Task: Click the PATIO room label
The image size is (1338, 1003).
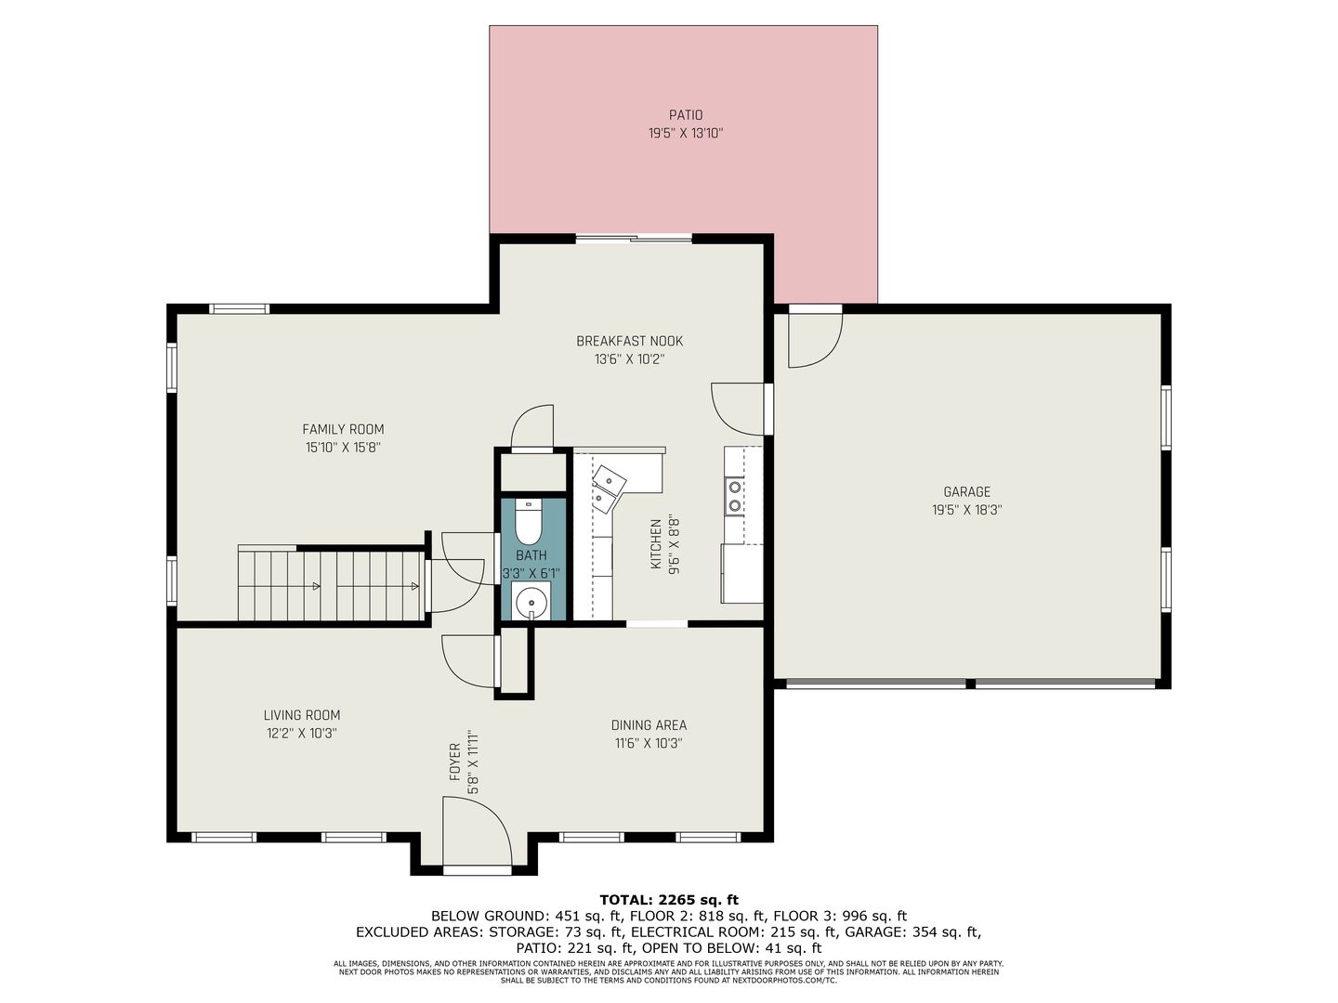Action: pyautogui.click(x=685, y=115)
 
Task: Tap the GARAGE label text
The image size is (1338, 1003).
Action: pyautogui.click(x=966, y=491)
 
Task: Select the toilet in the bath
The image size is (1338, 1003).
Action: pyautogui.click(x=528, y=521)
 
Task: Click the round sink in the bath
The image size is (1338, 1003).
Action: pyautogui.click(x=532, y=603)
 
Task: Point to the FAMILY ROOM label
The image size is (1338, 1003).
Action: pyautogui.click(x=343, y=429)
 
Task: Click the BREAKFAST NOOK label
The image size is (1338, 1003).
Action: pyautogui.click(x=630, y=341)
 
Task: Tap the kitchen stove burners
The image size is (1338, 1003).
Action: pyautogui.click(x=735, y=496)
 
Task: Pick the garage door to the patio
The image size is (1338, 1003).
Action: pyautogui.click(x=816, y=337)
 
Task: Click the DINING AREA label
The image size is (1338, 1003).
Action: pyautogui.click(x=649, y=725)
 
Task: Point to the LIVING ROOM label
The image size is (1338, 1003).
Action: pyautogui.click(x=302, y=715)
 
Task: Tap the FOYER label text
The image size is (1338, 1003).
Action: pyautogui.click(x=454, y=762)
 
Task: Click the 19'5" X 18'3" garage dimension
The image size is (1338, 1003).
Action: pyautogui.click(x=966, y=510)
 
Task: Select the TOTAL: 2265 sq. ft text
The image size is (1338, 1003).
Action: pyautogui.click(x=669, y=900)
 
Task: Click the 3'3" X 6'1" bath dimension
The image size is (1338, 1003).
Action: pyautogui.click(x=531, y=573)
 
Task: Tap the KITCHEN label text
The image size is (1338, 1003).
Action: pyautogui.click(x=656, y=544)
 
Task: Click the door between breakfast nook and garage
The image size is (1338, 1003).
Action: pyautogui.click(x=738, y=409)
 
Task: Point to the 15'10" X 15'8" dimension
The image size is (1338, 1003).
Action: pyautogui.click(x=343, y=448)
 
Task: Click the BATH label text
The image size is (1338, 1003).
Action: pyautogui.click(x=531, y=555)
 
